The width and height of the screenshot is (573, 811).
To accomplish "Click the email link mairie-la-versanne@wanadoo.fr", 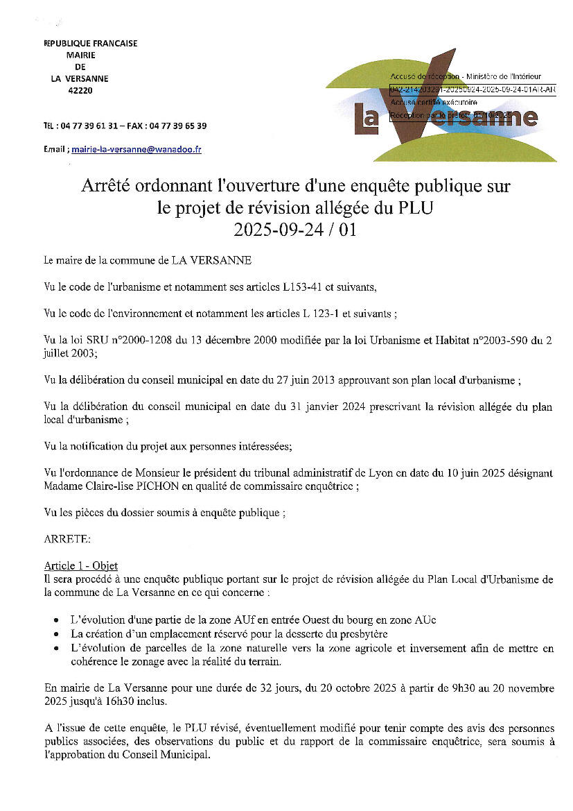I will pos(136,149).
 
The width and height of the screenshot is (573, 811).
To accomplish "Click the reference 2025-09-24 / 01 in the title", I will pos(295,230).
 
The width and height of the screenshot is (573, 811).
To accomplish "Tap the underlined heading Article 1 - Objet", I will pos(81,565).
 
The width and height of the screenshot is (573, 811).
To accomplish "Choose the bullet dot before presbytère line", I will pos(56,634).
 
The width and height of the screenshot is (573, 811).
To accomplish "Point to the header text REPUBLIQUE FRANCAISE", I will pos(91,43).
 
